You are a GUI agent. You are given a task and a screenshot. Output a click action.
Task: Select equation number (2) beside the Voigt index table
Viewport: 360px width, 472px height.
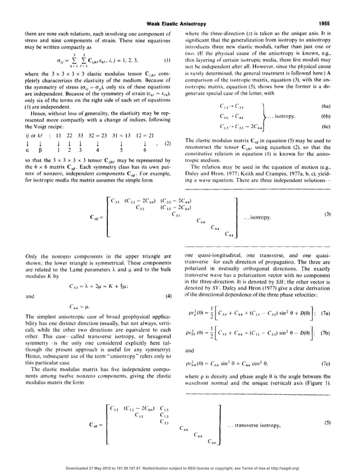point(167,144)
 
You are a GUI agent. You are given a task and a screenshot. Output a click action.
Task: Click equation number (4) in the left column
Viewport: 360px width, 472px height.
point(167,296)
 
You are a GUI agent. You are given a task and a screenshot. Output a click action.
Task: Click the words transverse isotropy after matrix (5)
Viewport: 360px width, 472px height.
point(257,425)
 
